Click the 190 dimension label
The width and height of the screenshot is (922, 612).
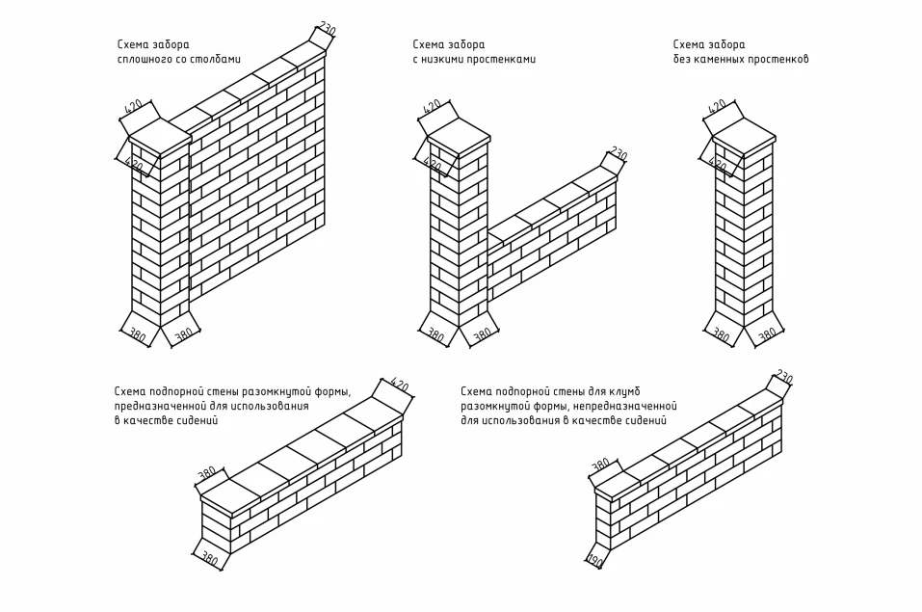click(594, 561)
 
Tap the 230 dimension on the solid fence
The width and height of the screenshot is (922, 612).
click(327, 30)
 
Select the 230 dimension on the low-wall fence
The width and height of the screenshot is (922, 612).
click(618, 154)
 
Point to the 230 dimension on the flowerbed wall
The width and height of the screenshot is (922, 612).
click(783, 377)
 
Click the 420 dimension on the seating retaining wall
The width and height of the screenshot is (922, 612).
click(399, 386)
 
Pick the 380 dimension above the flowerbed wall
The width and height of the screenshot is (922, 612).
click(600, 466)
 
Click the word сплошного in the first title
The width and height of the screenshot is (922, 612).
click(141, 60)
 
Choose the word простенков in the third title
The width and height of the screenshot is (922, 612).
click(781, 60)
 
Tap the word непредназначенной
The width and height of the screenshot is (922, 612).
click(631, 407)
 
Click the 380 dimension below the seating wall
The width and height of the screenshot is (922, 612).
click(209, 559)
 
